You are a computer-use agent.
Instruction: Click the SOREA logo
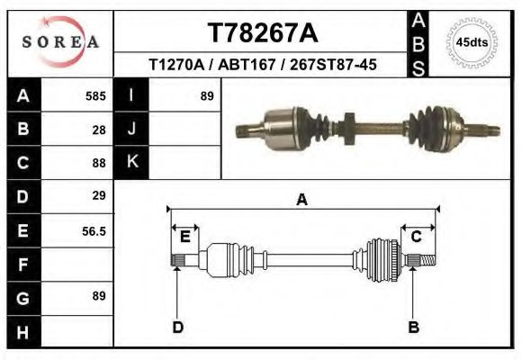point(60,41)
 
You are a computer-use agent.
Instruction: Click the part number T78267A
point(262,32)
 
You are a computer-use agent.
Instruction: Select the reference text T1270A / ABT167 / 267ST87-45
point(262,65)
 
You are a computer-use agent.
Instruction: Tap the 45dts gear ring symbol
point(466,42)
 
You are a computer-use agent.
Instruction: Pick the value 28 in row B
point(99,130)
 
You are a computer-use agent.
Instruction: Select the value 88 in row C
point(99,163)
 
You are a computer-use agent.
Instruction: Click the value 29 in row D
point(99,195)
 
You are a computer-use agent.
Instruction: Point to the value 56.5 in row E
point(94,230)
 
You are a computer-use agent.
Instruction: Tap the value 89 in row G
point(99,296)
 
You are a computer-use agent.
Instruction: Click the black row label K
point(131,162)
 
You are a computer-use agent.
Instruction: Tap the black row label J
point(131,129)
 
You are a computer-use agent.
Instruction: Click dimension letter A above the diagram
point(301,200)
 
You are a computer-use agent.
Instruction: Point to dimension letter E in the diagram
point(184,237)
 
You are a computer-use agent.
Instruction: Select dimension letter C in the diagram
point(417,236)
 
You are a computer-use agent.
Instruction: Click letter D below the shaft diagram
point(178,327)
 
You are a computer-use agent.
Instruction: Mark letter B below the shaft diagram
point(415,327)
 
